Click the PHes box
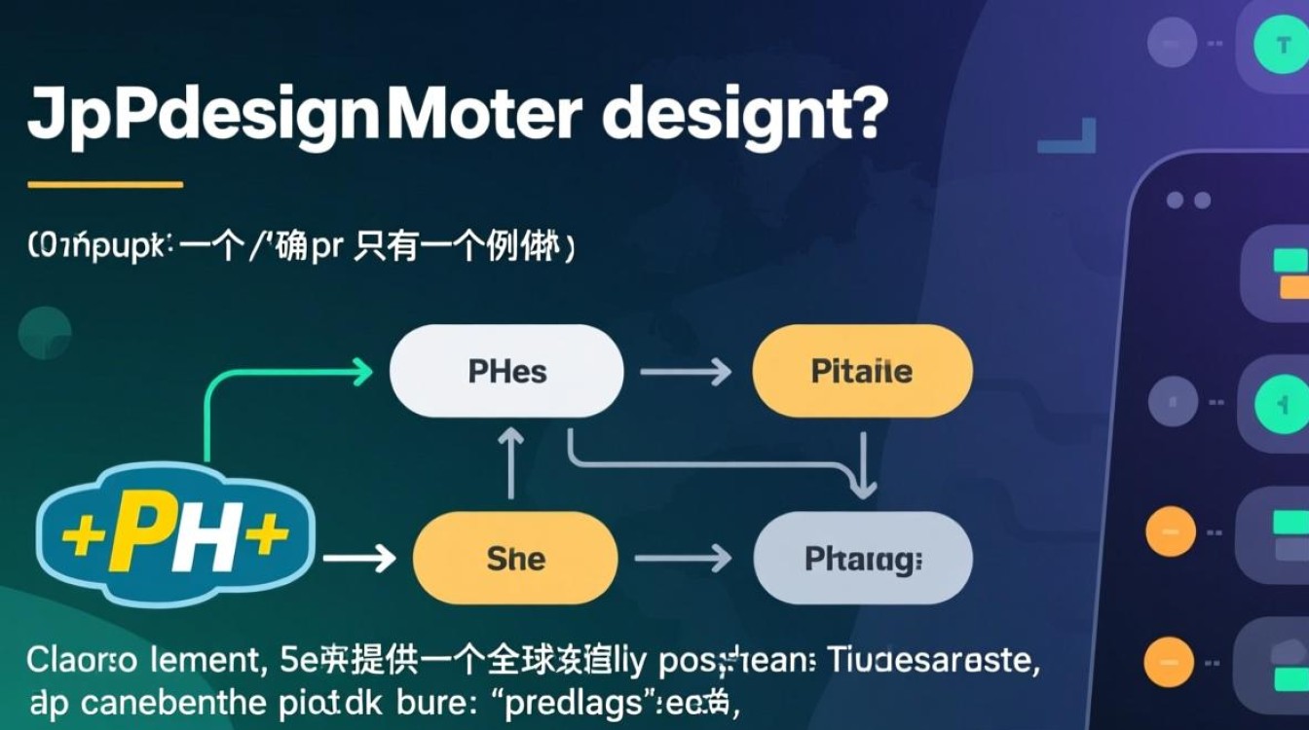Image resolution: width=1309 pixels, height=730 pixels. tap(506, 371)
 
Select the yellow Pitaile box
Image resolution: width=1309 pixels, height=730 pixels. tap(862, 371)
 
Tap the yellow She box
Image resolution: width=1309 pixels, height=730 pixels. tap(515, 558)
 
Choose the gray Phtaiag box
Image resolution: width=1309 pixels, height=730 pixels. tap(863, 558)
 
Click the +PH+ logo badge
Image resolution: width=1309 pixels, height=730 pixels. tap(175, 533)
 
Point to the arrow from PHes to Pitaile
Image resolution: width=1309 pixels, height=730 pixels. tap(687, 371)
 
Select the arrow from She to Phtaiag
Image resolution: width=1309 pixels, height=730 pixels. tap(683, 558)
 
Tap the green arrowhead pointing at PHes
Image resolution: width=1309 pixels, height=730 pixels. tap(361, 371)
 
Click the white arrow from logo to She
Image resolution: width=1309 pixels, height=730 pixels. tap(358, 558)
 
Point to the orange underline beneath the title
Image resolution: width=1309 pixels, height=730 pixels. tap(105, 184)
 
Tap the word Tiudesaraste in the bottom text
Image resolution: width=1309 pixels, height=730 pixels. tap(934, 662)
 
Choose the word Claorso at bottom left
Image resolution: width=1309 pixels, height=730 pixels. tap(82, 662)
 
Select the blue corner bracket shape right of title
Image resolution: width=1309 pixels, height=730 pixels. tap(1071, 136)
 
